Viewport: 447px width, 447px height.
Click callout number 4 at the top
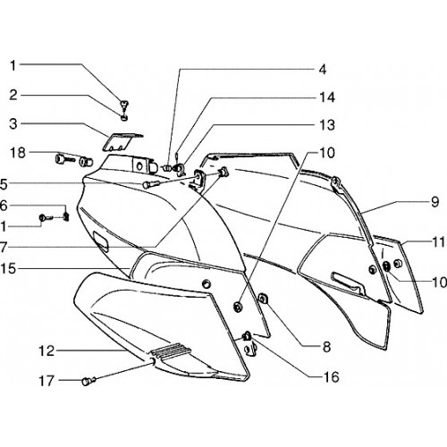pos(323,70)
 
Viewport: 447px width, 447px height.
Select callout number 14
pos(327,97)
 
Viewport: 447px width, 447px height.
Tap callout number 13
pos(327,125)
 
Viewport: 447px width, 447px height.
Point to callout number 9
pos(435,202)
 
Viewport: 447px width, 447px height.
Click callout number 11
pos(439,242)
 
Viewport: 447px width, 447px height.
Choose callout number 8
pos(326,347)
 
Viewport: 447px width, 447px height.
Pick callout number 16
pos(332,377)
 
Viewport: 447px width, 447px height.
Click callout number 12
pos(46,351)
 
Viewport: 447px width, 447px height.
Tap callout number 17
pos(46,381)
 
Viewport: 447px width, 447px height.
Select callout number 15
pos(8,269)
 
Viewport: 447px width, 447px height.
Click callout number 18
pos(18,153)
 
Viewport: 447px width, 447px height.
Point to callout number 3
pos(13,124)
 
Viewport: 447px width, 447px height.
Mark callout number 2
pos(13,96)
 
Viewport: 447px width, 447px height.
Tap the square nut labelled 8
pos(264,299)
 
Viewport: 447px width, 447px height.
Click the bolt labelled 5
pos(151,185)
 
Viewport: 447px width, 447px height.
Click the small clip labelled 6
pos(67,217)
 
